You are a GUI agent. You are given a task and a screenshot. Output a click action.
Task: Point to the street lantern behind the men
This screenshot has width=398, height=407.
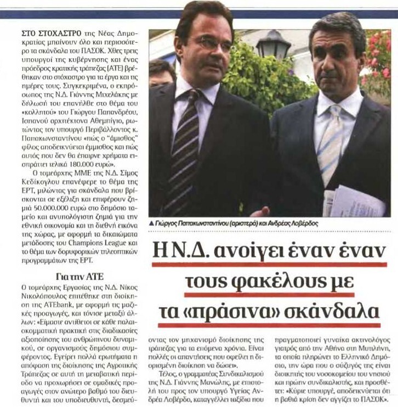pos(272,44)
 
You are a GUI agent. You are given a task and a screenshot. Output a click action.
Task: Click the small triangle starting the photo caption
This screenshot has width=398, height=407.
pos(151,225)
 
